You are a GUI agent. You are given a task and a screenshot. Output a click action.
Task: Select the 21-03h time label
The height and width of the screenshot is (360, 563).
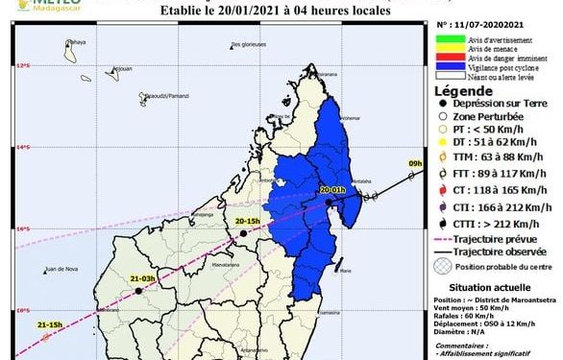142,278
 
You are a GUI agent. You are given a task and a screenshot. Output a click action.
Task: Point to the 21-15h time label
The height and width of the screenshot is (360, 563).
50,325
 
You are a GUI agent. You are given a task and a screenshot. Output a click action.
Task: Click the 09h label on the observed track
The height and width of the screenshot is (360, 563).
414,164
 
